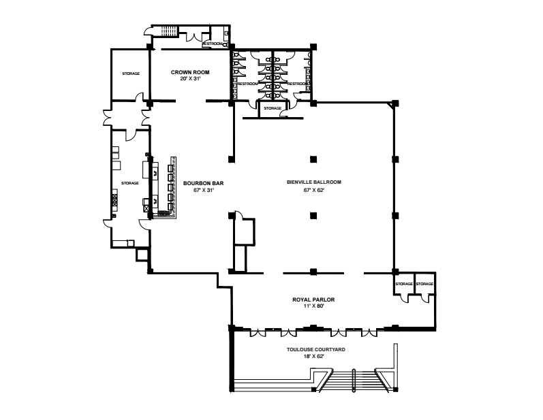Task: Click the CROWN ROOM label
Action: point(190,72)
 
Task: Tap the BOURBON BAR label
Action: point(203,183)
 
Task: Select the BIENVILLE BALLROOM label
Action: point(314,182)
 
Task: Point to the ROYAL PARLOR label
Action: point(313,300)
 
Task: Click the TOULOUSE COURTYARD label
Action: point(316,349)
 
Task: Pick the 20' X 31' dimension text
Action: point(190,78)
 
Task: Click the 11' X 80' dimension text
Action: point(313,306)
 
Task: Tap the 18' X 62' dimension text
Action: point(314,356)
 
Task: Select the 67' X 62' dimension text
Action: point(314,190)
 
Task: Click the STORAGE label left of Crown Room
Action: point(131,74)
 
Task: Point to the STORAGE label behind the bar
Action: point(130,183)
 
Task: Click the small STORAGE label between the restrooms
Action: point(273,108)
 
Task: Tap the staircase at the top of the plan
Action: point(169,31)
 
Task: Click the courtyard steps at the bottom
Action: point(353,381)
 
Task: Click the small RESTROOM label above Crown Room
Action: point(212,44)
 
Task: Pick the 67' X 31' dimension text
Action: point(204,190)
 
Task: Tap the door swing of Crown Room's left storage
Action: point(139,97)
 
